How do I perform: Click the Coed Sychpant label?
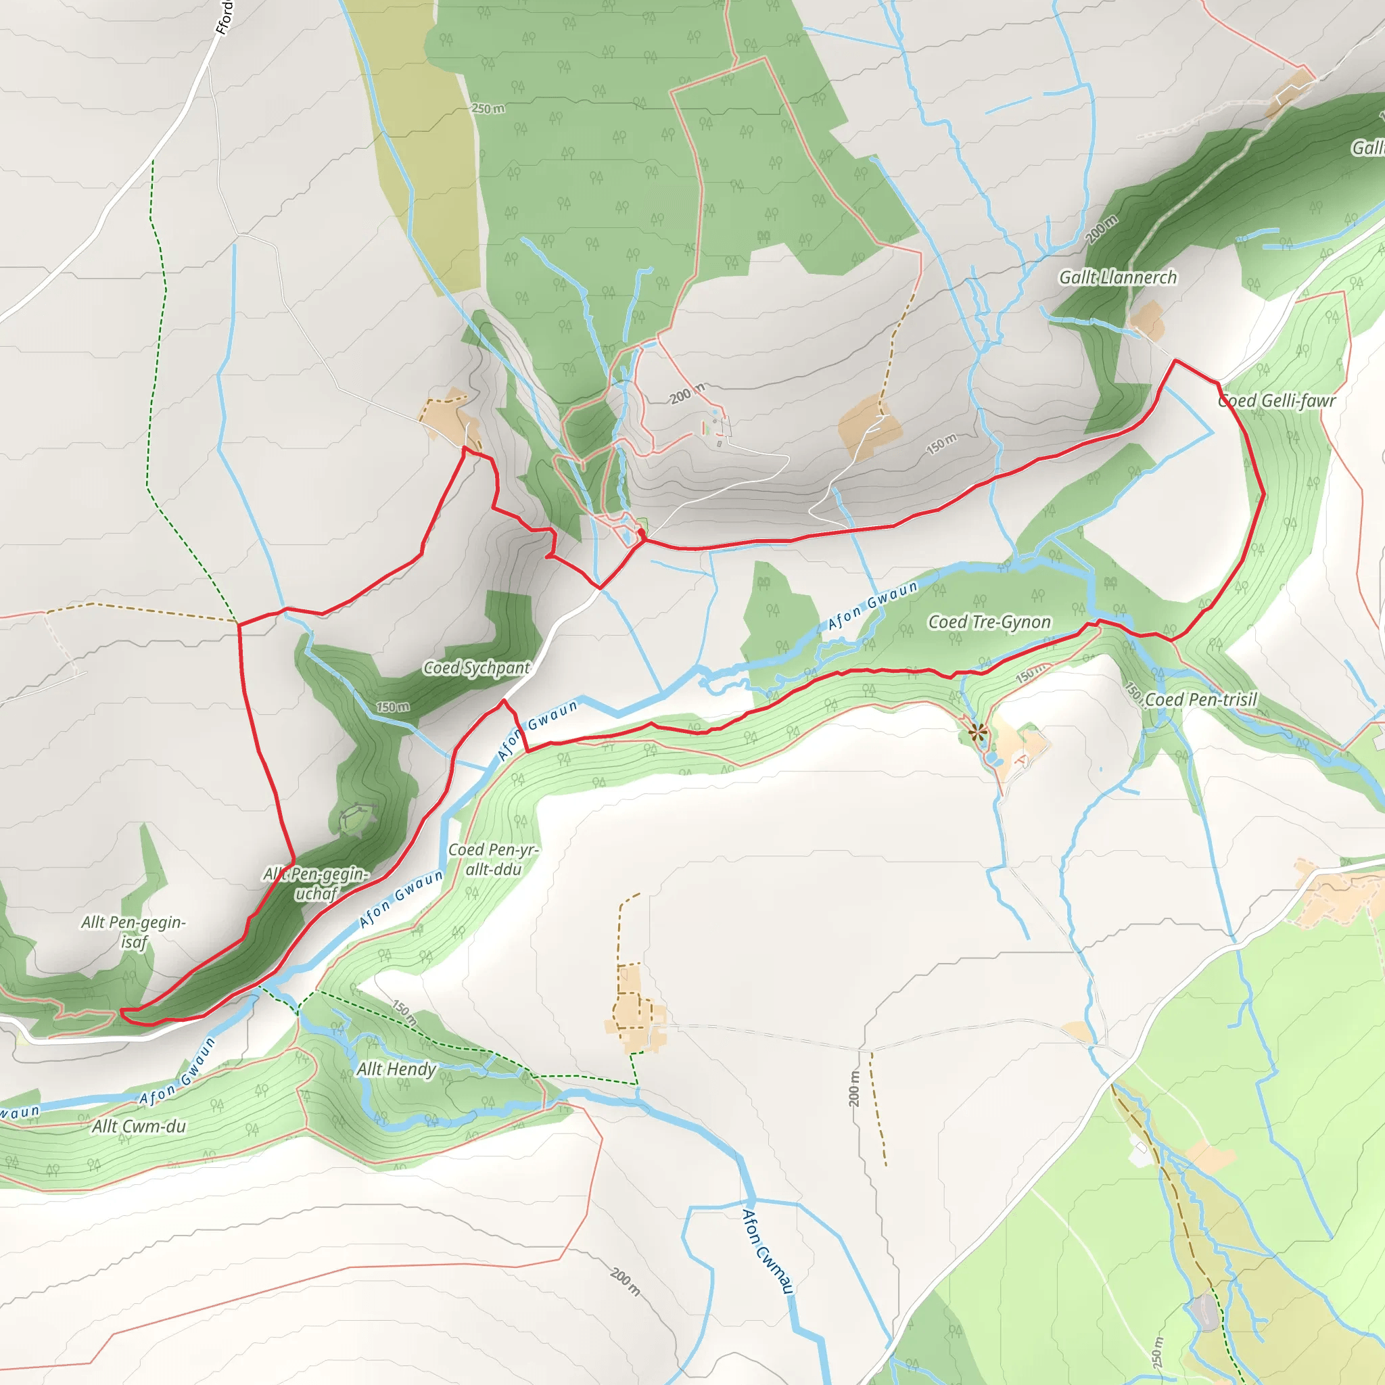[476, 667]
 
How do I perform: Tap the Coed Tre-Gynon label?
[989, 621]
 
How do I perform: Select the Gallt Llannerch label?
[1118, 277]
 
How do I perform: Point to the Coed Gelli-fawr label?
[1277, 401]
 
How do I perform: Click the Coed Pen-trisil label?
[1201, 699]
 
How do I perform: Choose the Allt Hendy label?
[396, 1069]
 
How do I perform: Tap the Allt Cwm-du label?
[139, 1126]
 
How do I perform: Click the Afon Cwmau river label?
[768, 1251]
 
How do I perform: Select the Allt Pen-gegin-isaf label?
[133, 932]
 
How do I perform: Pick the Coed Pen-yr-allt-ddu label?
[492, 859]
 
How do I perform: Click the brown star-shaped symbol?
[977, 732]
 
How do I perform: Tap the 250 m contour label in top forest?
[488, 108]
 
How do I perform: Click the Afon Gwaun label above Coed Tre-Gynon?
[872, 606]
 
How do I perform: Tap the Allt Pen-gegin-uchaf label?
[315, 883]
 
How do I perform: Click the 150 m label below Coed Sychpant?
[393, 707]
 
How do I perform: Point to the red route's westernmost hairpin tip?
[122, 1012]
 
